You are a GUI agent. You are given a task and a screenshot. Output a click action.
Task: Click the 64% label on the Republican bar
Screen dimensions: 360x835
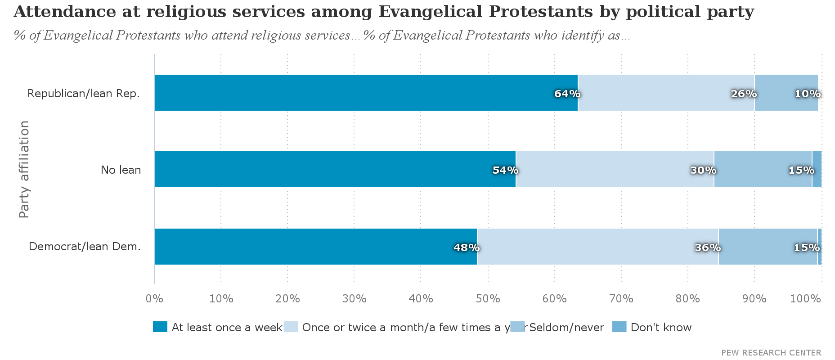(567, 94)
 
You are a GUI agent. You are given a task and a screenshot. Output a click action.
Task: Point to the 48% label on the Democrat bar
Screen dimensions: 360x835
(467, 247)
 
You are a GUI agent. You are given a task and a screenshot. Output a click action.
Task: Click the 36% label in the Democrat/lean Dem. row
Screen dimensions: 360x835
(708, 247)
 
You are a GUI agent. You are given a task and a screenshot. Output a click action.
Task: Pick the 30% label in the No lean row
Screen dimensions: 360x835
(703, 170)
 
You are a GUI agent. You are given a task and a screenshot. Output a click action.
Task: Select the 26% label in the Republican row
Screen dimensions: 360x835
(744, 94)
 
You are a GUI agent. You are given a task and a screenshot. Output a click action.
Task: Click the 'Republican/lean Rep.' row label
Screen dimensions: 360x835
(84, 94)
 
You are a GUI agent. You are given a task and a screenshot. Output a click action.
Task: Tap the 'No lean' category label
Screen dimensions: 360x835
(121, 170)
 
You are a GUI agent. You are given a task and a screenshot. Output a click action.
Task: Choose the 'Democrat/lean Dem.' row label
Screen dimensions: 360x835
(85, 247)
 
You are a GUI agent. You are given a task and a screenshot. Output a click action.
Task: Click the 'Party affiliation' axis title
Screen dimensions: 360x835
(24, 169)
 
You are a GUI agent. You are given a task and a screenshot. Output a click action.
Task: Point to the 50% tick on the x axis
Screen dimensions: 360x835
(488, 299)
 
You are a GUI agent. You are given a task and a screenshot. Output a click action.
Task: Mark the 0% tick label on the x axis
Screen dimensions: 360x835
(154, 299)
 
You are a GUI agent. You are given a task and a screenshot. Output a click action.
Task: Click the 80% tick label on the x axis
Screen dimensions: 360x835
(688, 299)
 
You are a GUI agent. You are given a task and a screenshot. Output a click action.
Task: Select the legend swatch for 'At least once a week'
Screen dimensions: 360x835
(160, 327)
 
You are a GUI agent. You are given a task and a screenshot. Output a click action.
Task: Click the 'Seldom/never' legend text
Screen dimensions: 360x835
(566, 327)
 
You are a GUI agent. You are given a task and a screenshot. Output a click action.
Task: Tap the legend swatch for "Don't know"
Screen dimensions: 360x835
(619, 327)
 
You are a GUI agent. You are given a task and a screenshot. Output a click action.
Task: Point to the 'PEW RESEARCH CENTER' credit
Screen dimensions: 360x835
(771, 352)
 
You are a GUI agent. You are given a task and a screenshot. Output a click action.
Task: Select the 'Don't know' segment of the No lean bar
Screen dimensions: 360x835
(817, 169)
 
